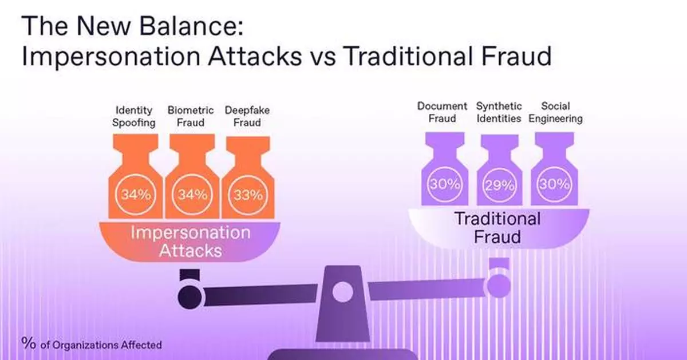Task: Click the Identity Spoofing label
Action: [135, 116]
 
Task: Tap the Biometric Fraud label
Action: [191, 116]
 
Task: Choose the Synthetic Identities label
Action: [499, 112]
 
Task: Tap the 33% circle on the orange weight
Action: [248, 195]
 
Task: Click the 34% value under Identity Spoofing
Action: [135, 195]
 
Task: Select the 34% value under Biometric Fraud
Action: [191, 195]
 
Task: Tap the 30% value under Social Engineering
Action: [554, 184]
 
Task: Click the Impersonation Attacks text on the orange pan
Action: [190, 242]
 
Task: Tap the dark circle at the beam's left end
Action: [189, 296]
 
